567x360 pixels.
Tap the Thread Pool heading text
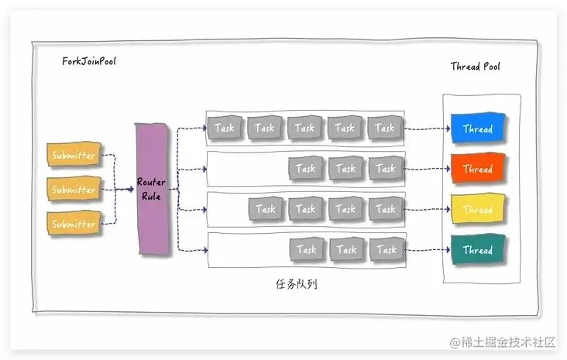pyautogui.click(x=475, y=67)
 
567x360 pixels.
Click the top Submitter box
pyautogui.click(x=74, y=156)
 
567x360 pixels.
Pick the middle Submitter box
pyautogui.click(x=74, y=190)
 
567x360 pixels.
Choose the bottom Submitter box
pyautogui.click(x=74, y=224)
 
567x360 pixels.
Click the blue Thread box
pyautogui.click(x=477, y=129)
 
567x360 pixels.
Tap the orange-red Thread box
pyautogui.click(x=477, y=169)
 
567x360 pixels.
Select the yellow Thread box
pyautogui.click(x=477, y=210)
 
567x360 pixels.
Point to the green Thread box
pyautogui.click(x=477, y=250)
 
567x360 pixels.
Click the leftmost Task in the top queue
pyautogui.click(x=225, y=128)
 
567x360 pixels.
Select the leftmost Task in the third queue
pyautogui.click(x=266, y=209)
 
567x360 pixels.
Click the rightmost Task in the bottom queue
pyautogui.click(x=386, y=249)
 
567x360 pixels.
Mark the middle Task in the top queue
pyautogui.click(x=305, y=128)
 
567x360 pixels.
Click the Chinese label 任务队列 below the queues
pyautogui.click(x=296, y=284)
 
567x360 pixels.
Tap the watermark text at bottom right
pyautogui.click(x=503, y=341)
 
